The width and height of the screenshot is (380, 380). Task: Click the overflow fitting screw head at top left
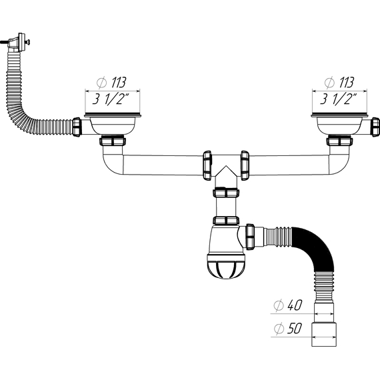point(29,42)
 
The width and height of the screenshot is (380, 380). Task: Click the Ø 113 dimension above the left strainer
point(111,83)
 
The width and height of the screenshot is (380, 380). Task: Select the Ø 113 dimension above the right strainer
point(339,83)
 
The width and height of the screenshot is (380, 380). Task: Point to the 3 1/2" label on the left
point(110,99)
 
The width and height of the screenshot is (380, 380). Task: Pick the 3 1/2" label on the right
point(338,99)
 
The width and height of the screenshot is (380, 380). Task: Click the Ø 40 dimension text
point(288,305)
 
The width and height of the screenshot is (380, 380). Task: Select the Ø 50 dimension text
point(288,329)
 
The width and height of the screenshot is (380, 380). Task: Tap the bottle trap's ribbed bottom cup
point(226,266)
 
